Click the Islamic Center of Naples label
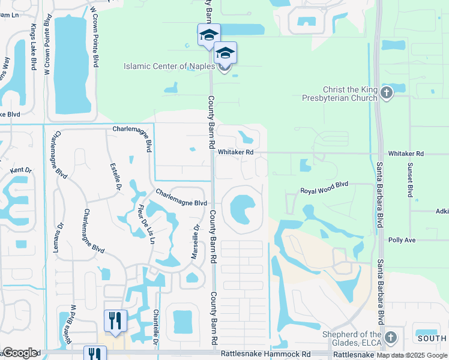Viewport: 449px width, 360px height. click(168, 66)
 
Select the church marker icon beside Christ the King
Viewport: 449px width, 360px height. click(386, 93)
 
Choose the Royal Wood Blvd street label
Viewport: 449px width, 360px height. click(324, 191)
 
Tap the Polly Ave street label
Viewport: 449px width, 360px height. click(402, 239)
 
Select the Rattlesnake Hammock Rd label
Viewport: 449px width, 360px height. click(265, 355)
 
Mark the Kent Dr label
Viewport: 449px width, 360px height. click(20, 171)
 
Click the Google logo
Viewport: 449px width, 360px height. click(20, 353)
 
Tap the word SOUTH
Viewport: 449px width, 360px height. click(433, 338)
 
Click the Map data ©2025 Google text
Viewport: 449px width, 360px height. click(412, 356)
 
